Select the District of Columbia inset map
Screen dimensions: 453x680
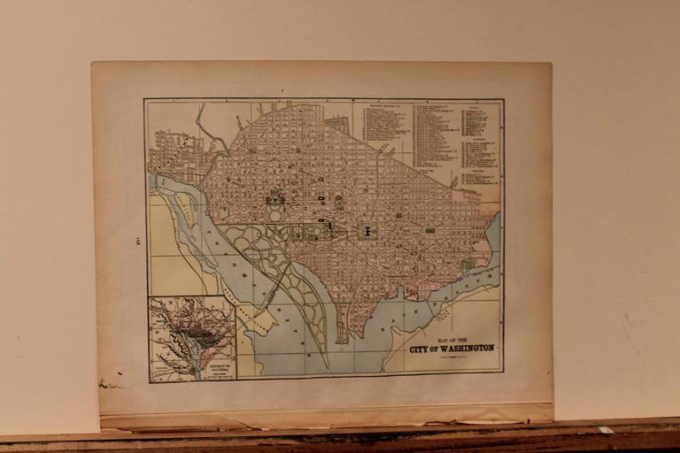click(192, 338)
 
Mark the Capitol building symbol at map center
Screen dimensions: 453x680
click(367, 231)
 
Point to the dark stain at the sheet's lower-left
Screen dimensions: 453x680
click(111, 384)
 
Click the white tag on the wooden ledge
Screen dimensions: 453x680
click(605, 430)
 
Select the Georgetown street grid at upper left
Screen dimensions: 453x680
click(174, 156)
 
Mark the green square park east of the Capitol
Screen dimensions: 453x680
click(430, 230)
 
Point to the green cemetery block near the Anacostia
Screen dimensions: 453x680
click(467, 263)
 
